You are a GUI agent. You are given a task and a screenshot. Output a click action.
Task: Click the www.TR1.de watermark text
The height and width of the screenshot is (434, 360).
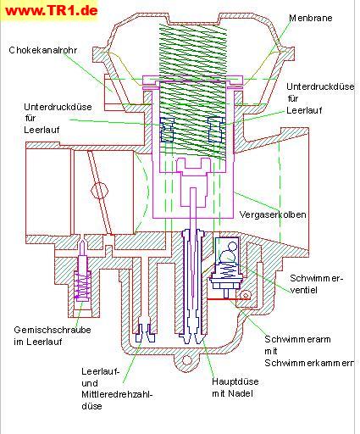pyautogui.click(x=52, y=11)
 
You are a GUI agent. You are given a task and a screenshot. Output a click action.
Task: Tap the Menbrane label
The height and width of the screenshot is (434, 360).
pyautogui.click(x=311, y=18)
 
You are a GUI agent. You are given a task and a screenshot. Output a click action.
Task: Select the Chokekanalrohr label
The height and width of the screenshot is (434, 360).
pyautogui.click(x=43, y=50)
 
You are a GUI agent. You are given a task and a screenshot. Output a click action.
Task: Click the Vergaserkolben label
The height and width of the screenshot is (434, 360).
pyautogui.click(x=273, y=214)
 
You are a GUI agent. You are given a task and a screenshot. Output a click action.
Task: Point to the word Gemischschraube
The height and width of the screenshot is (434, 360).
pyautogui.click(x=53, y=330)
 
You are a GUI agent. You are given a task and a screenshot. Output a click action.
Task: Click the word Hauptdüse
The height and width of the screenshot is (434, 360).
pyautogui.click(x=235, y=381)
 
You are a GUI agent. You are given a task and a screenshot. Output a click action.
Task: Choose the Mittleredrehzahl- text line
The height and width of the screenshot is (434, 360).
pyautogui.click(x=117, y=394)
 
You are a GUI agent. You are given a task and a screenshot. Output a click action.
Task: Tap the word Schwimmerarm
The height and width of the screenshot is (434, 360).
pyautogui.click(x=297, y=339)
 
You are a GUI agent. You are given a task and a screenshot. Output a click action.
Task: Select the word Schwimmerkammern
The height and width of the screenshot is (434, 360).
pyautogui.click(x=309, y=363)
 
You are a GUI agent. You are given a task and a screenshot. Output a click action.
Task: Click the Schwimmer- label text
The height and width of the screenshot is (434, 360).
pyautogui.click(x=316, y=278)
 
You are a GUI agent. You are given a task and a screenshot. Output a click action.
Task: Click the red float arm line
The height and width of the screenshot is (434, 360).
pyautogui.click(x=229, y=298)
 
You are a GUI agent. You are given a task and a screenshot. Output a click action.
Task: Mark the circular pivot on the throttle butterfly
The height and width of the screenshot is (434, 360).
pyautogui.click(x=100, y=190)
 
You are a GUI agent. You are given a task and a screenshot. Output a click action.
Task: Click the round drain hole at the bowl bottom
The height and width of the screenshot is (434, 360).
pyautogui.click(x=186, y=360)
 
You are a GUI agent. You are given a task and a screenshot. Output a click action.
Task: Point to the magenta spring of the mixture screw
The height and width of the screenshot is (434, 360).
pyautogui.click(x=82, y=286)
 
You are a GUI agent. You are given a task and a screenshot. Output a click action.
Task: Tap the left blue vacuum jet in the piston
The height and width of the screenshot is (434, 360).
pyautogui.click(x=167, y=130)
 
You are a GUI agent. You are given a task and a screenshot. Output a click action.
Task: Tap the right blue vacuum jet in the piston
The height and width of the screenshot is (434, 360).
pyautogui.click(x=215, y=130)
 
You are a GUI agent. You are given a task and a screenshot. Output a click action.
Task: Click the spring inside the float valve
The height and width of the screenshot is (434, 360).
pyautogui.click(x=228, y=269)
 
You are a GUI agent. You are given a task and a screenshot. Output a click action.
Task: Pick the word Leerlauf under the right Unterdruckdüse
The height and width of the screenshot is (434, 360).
pyautogui.click(x=304, y=110)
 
